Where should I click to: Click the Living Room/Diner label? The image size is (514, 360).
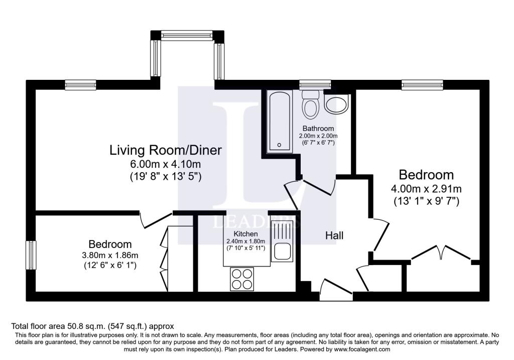(x=166, y=150)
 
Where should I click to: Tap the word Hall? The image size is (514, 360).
(x=334, y=235)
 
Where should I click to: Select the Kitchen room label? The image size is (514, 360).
(x=245, y=234)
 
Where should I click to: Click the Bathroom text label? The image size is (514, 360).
(x=321, y=129)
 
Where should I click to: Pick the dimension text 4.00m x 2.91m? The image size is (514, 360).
(x=426, y=189)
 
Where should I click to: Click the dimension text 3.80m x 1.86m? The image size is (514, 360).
(x=110, y=255)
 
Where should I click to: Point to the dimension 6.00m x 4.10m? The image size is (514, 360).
(x=166, y=164)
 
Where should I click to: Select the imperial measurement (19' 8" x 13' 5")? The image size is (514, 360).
(x=166, y=176)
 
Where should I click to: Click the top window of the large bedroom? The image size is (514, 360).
(x=422, y=85)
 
